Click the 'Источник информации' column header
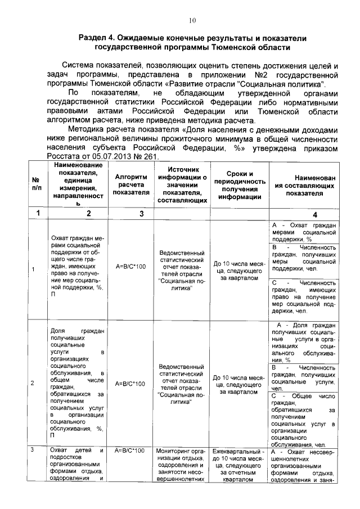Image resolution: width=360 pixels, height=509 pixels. tap(181, 184)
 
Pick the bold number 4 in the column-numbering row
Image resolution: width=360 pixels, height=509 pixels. tap(304, 214)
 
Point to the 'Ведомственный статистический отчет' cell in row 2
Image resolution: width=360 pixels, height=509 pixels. tap(181, 384)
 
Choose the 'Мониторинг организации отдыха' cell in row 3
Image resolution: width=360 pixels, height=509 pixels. tap(181, 465)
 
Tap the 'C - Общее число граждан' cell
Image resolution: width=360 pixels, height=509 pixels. tap(304, 420)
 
